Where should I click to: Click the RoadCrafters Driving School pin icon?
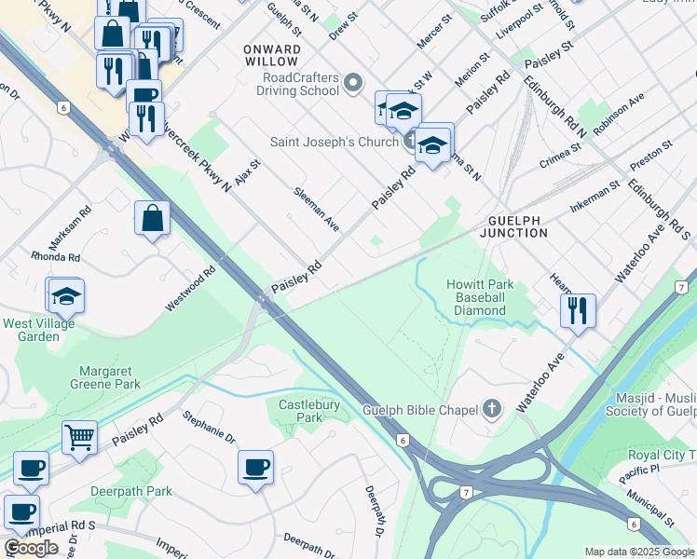tap(353, 85)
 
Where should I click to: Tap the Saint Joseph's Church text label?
tap(335, 143)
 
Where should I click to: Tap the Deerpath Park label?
tap(131, 491)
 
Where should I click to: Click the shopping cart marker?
tap(79, 436)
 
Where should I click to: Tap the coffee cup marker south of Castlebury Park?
tap(254, 467)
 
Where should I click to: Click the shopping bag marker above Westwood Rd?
tap(152, 219)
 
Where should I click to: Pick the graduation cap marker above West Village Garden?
tap(66, 295)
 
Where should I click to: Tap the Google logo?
tap(31, 548)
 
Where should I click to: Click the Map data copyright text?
tap(640, 552)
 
